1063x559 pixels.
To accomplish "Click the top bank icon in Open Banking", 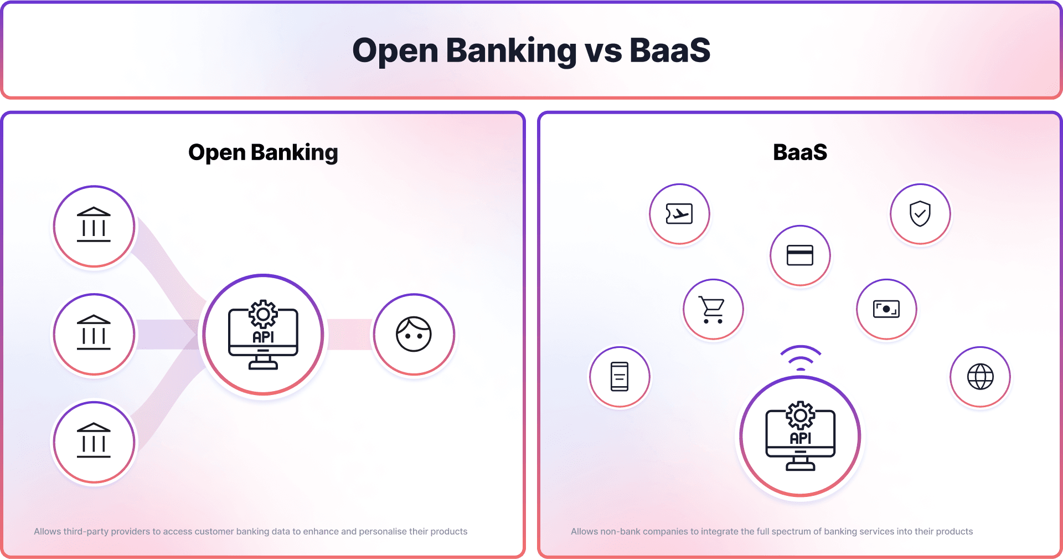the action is click(x=94, y=224).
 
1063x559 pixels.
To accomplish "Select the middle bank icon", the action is click(x=94, y=332).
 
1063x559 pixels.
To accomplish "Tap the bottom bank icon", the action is click(x=94, y=440).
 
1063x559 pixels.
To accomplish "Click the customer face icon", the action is click(x=414, y=334).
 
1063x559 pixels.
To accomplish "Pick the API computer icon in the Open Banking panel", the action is click(x=263, y=335).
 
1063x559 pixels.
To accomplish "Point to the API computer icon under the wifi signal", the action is click(x=800, y=436).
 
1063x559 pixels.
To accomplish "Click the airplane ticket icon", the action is click(x=679, y=213).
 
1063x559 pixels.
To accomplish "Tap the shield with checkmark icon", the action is click(x=920, y=213).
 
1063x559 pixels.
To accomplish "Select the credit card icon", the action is click(x=800, y=255).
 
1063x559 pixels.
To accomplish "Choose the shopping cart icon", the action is click(x=712, y=309).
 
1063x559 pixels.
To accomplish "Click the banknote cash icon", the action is click(x=886, y=309).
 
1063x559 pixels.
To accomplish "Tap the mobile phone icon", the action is click(x=620, y=377).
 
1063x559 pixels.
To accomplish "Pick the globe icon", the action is click(x=981, y=377).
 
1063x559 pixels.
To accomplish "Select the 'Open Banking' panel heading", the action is click(x=263, y=153).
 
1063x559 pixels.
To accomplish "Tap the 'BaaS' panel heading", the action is click(x=800, y=152).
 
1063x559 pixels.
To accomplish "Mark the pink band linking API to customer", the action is click(x=350, y=335).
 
